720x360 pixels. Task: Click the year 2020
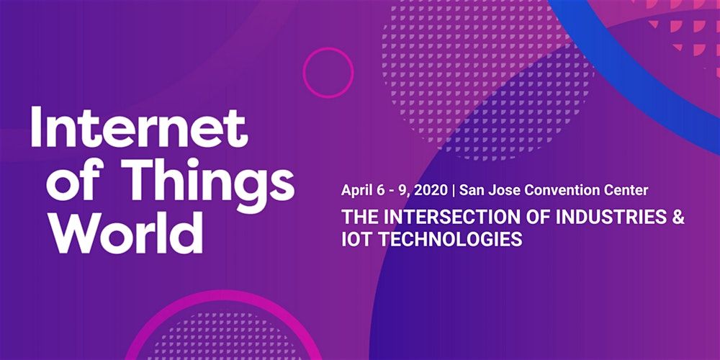click(x=431, y=190)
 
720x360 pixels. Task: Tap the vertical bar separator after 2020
click(x=454, y=191)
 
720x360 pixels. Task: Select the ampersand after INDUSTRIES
click(x=678, y=217)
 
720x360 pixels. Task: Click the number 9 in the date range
click(x=402, y=190)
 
